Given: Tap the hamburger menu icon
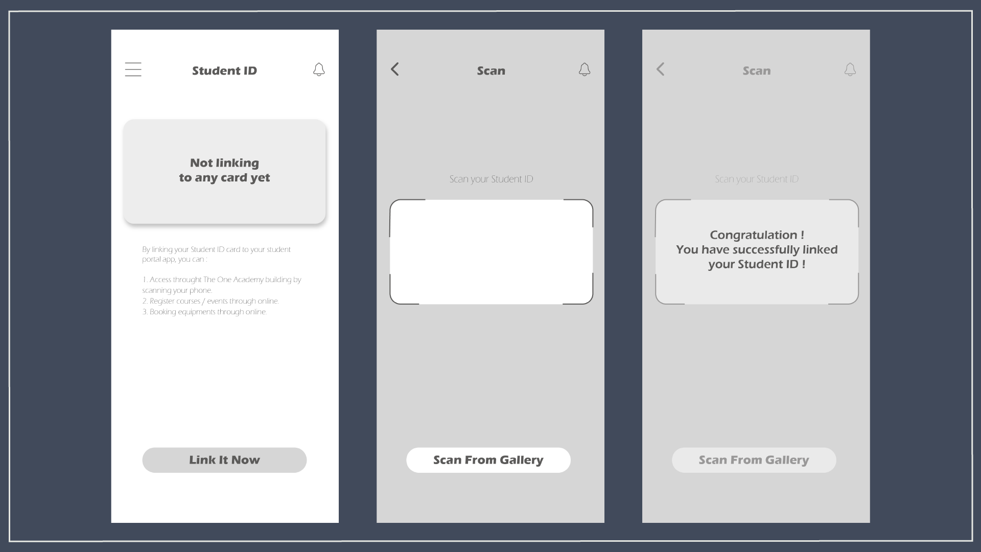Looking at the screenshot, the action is tap(133, 70).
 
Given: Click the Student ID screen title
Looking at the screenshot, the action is tap(224, 71).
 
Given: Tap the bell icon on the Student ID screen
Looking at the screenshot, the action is tap(319, 70).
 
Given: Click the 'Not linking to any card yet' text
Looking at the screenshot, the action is tap(224, 170).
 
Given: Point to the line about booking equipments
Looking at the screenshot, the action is tap(204, 312).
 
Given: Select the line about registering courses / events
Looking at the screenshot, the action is tap(211, 301).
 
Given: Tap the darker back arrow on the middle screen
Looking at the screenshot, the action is tap(395, 69).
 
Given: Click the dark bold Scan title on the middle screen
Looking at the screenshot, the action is tap(491, 71).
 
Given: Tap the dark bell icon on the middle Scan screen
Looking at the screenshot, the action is tap(585, 70).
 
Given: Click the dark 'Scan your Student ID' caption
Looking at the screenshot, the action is tap(491, 179).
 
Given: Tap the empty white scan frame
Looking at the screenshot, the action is tap(491, 252).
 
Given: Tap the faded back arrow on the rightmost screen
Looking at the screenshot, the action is tap(661, 69).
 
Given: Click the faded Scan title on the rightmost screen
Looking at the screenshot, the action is tap(757, 71).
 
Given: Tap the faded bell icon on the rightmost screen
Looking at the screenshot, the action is tap(850, 70).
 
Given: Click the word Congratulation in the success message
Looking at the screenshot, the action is tap(753, 235).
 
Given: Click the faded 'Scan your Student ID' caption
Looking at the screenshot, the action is tap(757, 179).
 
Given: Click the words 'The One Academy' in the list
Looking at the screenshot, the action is tap(233, 280).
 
